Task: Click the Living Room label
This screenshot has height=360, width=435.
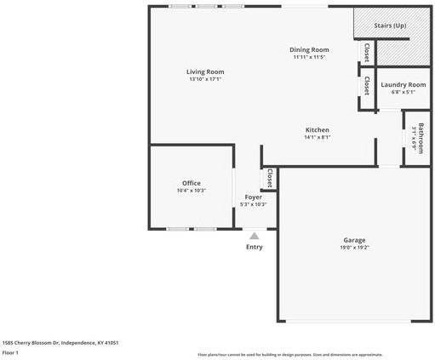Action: (205, 71)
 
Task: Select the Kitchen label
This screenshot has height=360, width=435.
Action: (318, 129)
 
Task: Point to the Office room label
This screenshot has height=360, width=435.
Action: (191, 183)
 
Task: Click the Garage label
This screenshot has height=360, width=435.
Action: (354, 240)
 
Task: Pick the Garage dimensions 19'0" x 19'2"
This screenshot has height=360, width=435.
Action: (354, 248)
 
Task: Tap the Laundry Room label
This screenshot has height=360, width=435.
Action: (403, 84)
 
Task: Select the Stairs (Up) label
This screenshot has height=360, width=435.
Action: (390, 26)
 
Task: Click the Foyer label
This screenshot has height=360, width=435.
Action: (254, 197)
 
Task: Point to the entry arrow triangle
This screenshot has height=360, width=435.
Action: (254, 235)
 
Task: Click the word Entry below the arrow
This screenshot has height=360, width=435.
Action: (254, 247)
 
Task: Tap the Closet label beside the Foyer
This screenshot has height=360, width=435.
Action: (270, 179)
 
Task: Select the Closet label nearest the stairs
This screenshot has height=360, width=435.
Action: (366, 53)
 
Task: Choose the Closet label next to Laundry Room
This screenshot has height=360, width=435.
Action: (366, 86)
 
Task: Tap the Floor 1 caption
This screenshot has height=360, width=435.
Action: (10, 352)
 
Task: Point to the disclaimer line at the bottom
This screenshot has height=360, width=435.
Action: (289, 354)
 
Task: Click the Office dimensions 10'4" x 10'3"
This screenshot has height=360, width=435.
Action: (191, 191)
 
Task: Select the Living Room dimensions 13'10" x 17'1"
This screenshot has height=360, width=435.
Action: (205, 79)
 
